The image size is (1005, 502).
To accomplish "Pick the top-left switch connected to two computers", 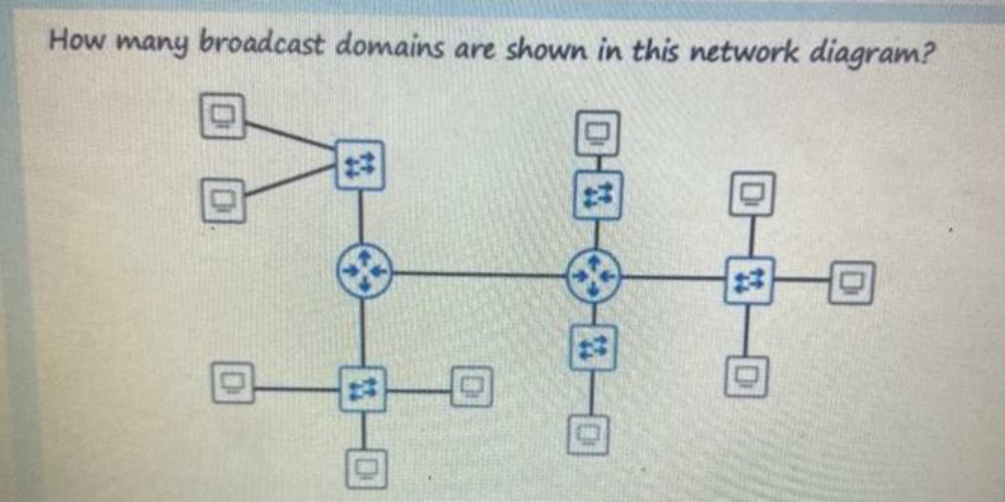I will pos(360,165).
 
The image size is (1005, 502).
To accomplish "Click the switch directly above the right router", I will pos(597,195).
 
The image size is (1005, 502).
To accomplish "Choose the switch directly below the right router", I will pos(593,348).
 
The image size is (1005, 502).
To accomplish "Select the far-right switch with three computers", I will pos(748,280).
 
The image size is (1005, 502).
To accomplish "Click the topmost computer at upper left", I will pos(223,116).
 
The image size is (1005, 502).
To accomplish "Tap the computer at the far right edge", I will pos(851,282).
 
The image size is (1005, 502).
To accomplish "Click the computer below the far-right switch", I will pos(748,377).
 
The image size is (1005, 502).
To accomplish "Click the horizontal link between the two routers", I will pos(478,274).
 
